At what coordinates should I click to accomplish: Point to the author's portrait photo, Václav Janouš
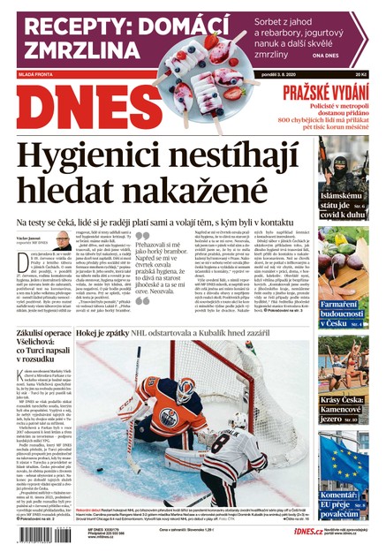(x=62, y=239)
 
